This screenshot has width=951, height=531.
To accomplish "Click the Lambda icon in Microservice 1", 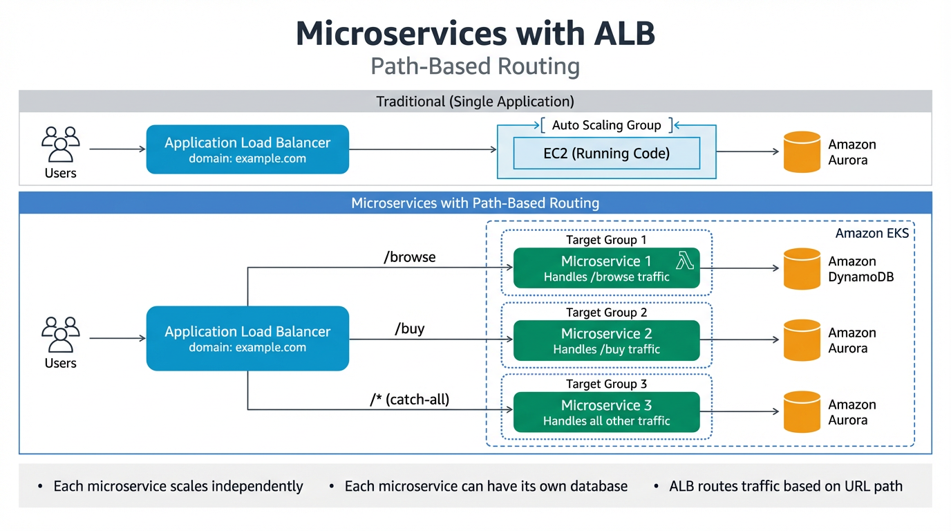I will [x=684, y=261].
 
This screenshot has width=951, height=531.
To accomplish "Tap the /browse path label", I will [x=410, y=257].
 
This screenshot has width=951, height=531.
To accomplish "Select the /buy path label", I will [x=410, y=328].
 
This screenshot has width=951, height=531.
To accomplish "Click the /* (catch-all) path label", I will [x=410, y=400].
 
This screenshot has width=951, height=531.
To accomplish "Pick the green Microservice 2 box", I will [x=606, y=340].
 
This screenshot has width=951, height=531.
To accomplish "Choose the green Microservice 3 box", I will [x=606, y=412].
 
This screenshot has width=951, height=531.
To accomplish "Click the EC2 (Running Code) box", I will [x=606, y=153].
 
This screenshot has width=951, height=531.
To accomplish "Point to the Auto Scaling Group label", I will [x=606, y=125].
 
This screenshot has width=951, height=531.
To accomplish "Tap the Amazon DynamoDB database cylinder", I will [x=802, y=268].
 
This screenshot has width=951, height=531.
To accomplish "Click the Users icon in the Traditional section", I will [x=61, y=145].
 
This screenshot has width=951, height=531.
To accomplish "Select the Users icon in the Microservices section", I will [x=61, y=335].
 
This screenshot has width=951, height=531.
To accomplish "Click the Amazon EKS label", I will [x=872, y=233].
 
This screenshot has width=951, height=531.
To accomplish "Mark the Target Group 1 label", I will [x=606, y=240].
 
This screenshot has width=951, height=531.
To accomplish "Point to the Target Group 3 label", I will [x=606, y=384].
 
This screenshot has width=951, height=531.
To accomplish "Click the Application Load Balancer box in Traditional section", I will [x=247, y=149].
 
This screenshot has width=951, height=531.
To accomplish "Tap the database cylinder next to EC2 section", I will [x=802, y=151].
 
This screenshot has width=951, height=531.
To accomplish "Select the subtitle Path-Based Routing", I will [x=475, y=66].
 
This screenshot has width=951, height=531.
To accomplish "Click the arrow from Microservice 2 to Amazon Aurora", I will [x=740, y=340].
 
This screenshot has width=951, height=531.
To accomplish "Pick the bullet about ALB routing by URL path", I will [x=785, y=486].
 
